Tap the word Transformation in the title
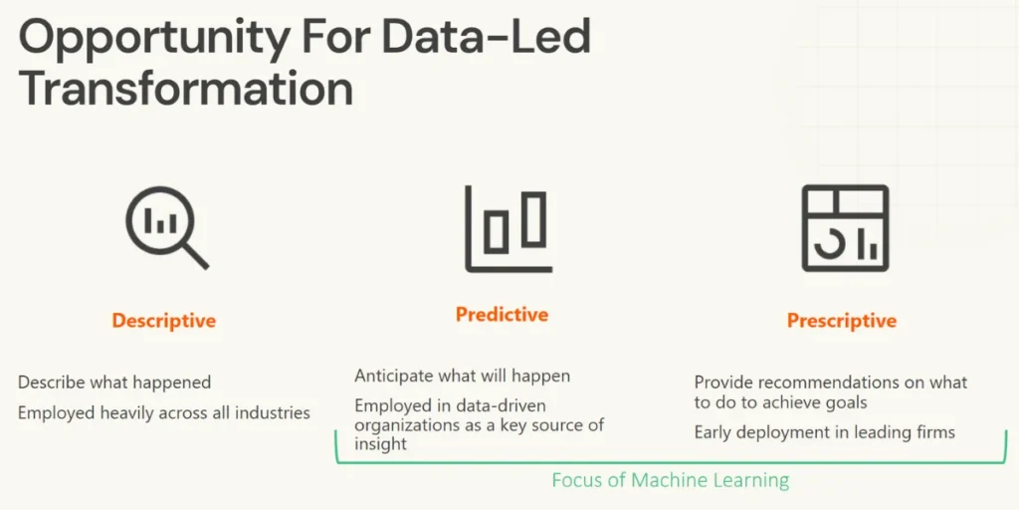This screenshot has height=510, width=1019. click(186, 89)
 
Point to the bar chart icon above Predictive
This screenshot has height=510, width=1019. click(508, 228)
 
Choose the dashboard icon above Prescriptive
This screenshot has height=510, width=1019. click(844, 227)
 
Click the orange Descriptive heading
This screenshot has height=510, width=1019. click(164, 321)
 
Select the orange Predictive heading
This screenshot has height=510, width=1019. click(502, 315)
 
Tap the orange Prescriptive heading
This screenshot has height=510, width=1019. click(841, 321)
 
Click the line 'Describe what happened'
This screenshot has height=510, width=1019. click(114, 382)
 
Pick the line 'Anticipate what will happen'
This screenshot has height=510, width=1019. click(463, 377)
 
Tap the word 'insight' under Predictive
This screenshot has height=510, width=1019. click(380, 444)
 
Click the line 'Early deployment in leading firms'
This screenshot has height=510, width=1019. click(824, 432)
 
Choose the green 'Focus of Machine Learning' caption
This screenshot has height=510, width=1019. click(670, 480)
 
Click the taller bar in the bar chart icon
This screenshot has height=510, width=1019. click(534, 218)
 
